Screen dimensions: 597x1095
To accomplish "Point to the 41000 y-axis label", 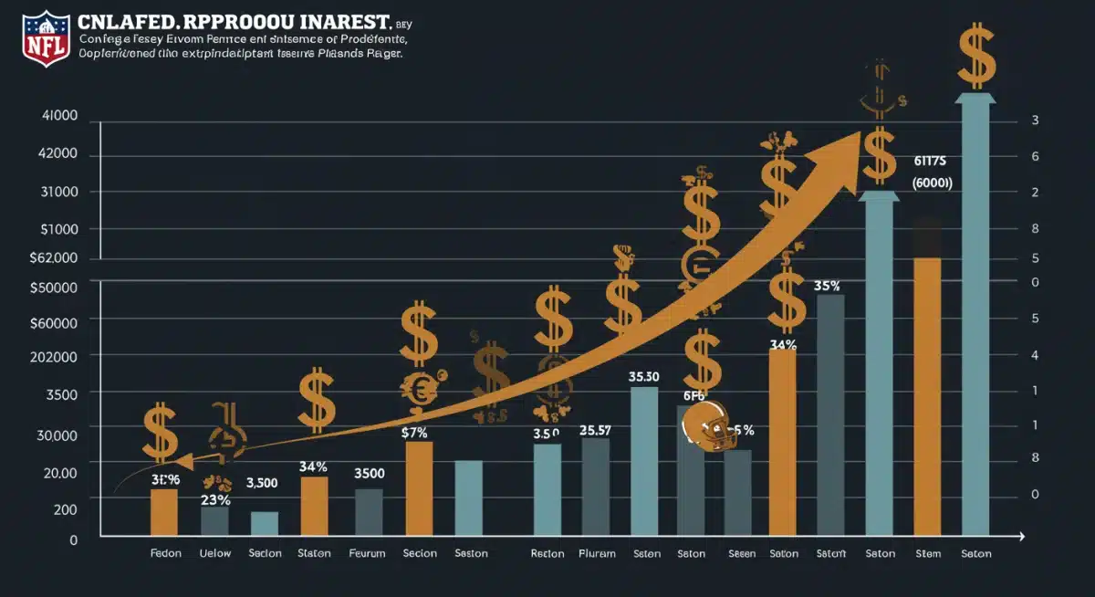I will tap(59, 117).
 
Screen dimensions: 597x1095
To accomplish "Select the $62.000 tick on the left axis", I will tap(54, 258).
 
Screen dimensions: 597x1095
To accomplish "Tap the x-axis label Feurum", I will tap(368, 553).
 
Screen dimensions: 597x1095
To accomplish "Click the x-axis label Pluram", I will tap(597, 553).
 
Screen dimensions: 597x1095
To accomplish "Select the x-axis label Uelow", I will tap(214, 553).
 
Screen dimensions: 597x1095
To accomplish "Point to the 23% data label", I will tap(216, 499).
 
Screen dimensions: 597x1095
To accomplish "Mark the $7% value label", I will tap(414, 434).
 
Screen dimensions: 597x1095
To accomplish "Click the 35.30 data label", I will tap(644, 376).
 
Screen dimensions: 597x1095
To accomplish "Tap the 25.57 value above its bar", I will tap(595, 430).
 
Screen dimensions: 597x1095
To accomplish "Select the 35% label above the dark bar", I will tap(827, 285).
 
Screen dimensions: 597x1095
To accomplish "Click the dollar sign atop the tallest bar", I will tap(976, 57).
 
